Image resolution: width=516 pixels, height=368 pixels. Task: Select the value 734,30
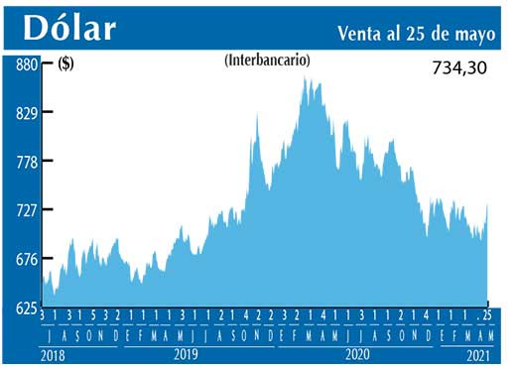(462, 71)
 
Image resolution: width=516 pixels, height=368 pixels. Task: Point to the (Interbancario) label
(267, 61)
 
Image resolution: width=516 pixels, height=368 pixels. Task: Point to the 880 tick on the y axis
(26, 64)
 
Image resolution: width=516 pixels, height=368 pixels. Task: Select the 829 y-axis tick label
(26, 113)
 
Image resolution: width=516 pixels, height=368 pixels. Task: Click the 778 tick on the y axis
(26, 162)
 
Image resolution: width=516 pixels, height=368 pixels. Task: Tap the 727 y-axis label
(26, 210)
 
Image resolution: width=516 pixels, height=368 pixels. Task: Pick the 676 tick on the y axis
(26, 259)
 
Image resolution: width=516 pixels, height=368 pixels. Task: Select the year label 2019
(184, 353)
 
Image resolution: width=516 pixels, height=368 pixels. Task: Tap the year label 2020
(354, 353)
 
